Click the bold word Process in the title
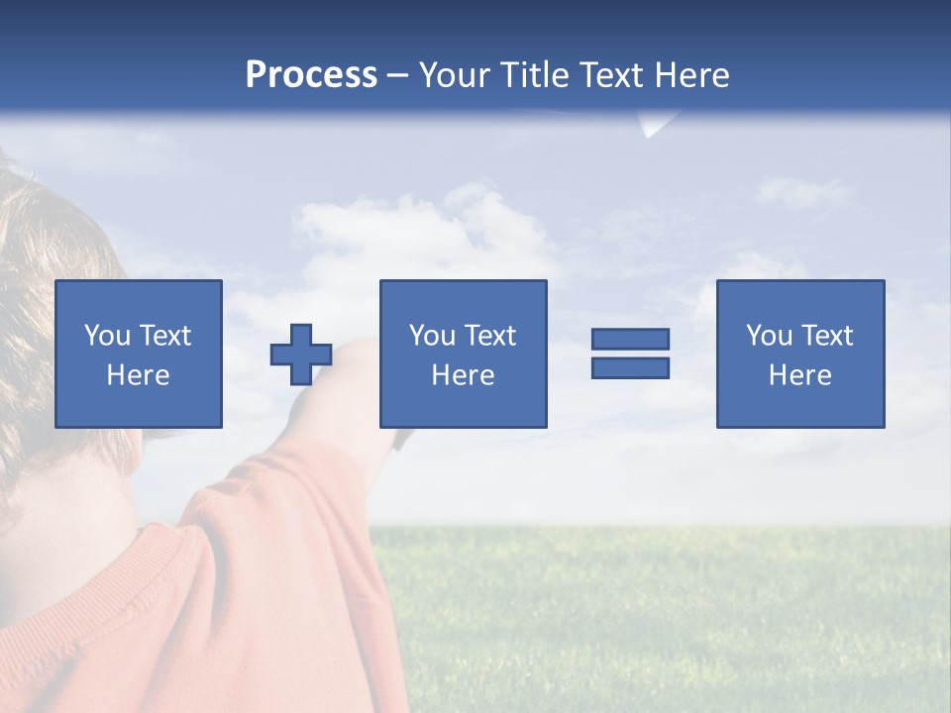(311, 75)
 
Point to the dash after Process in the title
(397, 76)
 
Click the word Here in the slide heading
(690, 75)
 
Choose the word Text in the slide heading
(612, 75)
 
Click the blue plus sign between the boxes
(301, 354)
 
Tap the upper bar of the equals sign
(630, 339)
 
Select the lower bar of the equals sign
(630, 367)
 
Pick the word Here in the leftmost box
(138, 375)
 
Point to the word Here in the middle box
(463, 375)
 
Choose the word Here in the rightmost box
(799, 375)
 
